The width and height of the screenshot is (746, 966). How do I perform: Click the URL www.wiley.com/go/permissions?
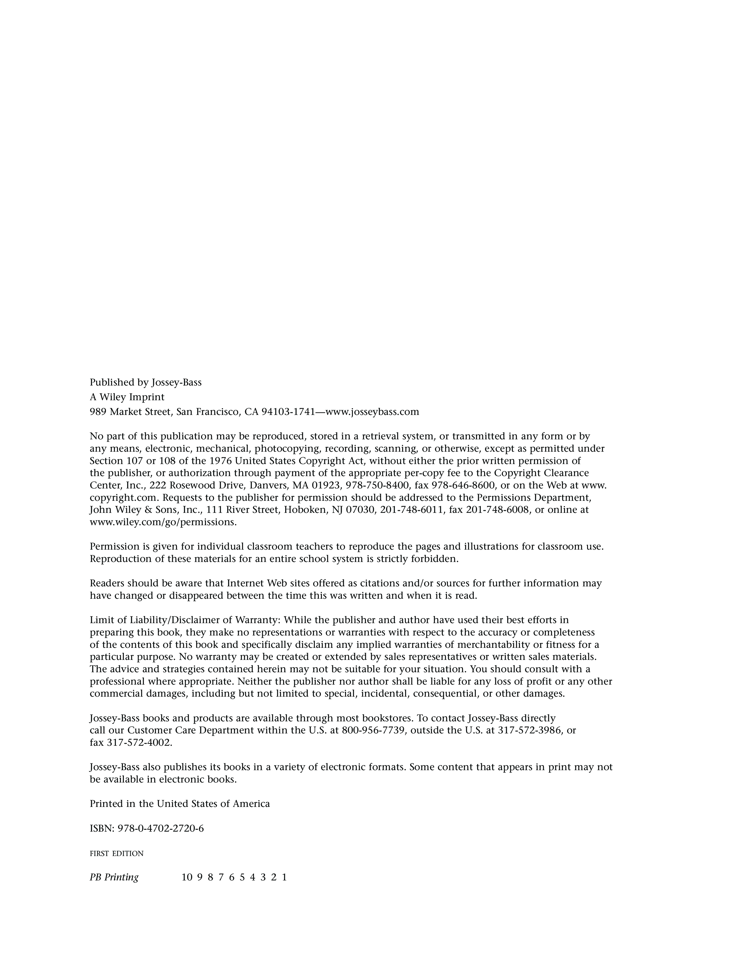(163, 522)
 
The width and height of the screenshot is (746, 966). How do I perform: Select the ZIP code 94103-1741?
(288, 412)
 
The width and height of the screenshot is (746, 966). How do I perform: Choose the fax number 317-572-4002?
(139, 743)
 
